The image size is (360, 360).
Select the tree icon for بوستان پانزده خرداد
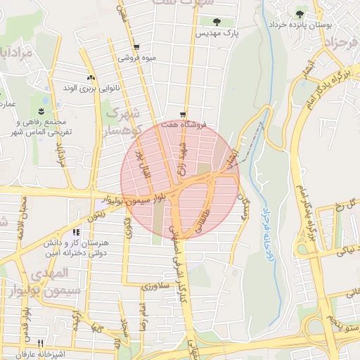300,14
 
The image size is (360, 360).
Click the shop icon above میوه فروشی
136,48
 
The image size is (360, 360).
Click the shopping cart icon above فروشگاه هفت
183,114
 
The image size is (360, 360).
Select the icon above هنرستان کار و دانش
76,233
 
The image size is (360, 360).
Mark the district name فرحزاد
336,44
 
